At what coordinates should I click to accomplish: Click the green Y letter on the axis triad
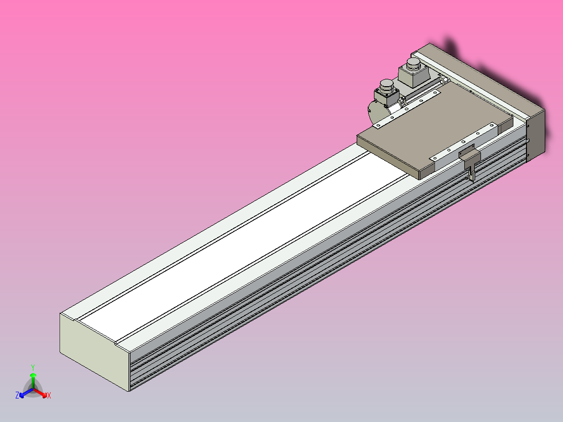coord(32,367)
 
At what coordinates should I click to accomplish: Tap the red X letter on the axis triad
coord(49,396)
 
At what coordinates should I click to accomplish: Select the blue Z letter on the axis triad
coord(17,396)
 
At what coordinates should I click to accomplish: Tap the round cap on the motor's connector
coord(386,84)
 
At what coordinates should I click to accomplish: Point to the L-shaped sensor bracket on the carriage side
coord(470,159)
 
